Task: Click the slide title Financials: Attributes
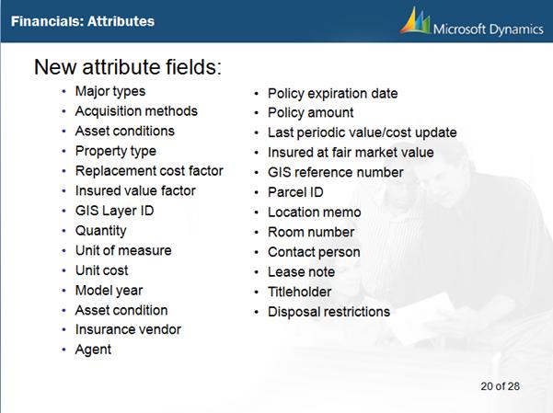click(83, 21)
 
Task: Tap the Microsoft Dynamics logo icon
click(415, 21)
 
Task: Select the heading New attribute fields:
click(128, 66)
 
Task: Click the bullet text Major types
click(110, 91)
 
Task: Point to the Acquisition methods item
click(136, 111)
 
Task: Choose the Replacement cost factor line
click(149, 171)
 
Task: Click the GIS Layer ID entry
click(115, 211)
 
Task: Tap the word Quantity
click(101, 231)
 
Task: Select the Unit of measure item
click(123, 250)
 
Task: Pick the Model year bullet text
click(109, 291)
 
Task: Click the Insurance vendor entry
click(128, 329)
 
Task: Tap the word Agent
click(93, 350)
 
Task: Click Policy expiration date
click(332, 94)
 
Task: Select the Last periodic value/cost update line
click(363, 132)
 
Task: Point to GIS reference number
click(336, 172)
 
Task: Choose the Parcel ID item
click(295, 192)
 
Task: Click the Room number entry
click(311, 232)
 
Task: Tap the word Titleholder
click(299, 292)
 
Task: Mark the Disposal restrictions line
click(328, 312)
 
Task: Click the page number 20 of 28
click(501, 386)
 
